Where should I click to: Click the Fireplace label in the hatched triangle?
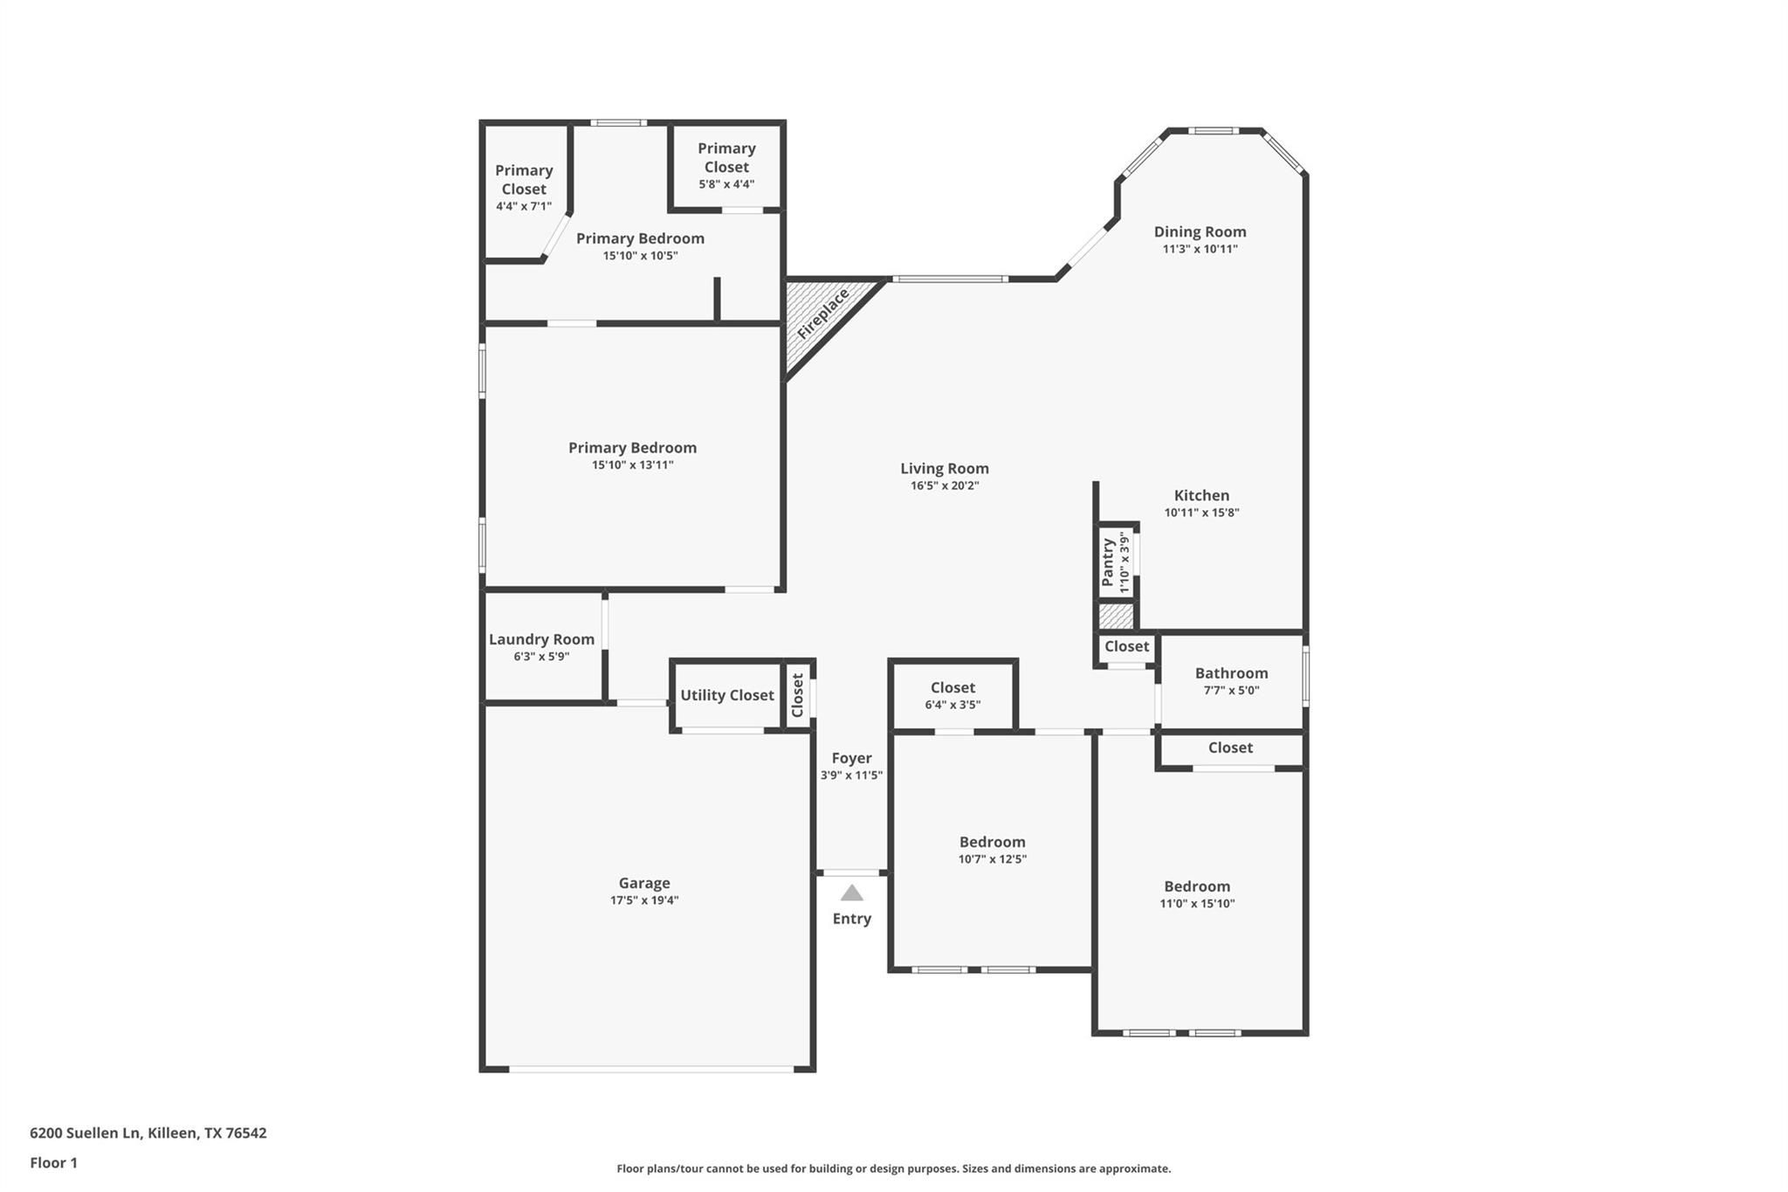[x=822, y=314]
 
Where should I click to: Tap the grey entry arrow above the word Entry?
[x=852, y=893]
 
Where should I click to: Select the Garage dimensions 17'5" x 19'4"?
[x=644, y=900]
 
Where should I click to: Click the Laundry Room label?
[x=541, y=639]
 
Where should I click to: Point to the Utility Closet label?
[x=727, y=695]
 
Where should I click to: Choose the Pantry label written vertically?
[x=1108, y=562]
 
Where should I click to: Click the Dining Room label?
[x=1200, y=231]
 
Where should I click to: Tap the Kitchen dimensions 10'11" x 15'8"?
[x=1201, y=513]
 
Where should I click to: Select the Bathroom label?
[x=1231, y=673]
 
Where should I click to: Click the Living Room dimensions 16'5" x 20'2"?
[x=945, y=486]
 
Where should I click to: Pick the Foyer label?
[x=851, y=758]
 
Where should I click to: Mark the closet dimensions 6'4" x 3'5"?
[x=952, y=705]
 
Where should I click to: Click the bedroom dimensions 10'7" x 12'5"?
[x=992, y=859]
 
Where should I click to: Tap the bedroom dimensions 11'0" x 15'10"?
[x=1197, y=904]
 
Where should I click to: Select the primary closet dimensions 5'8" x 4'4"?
[x=726, y=184]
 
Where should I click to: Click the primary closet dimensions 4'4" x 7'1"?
[x=524, y=206]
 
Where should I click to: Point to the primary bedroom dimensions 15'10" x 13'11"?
[x=632, y=465]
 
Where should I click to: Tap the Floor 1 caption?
[x=53, y=1162]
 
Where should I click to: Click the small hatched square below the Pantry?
[x=1116, y=617]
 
